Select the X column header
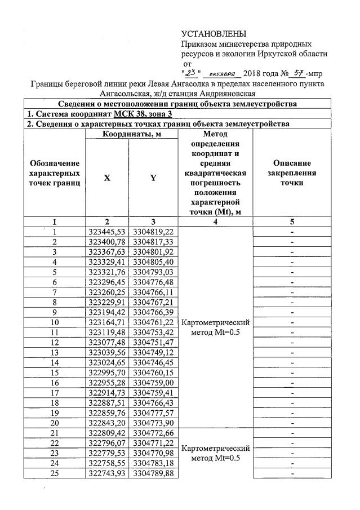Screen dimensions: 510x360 coord(107,178)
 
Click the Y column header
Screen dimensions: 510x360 coord(153,178)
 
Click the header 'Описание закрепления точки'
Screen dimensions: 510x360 coord(292,172)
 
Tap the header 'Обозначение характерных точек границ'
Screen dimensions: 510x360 coord(55,172)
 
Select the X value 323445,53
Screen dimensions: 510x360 coord(107,232)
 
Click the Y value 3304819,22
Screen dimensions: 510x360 coord(153,232)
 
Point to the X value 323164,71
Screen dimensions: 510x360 coord(107,322)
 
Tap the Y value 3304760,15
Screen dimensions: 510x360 coord(153,372)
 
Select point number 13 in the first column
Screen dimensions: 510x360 coord(55,352)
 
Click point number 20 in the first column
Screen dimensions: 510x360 coord(55,423)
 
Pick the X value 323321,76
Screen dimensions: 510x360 coord(107,272)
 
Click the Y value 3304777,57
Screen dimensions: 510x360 coord(153,413)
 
